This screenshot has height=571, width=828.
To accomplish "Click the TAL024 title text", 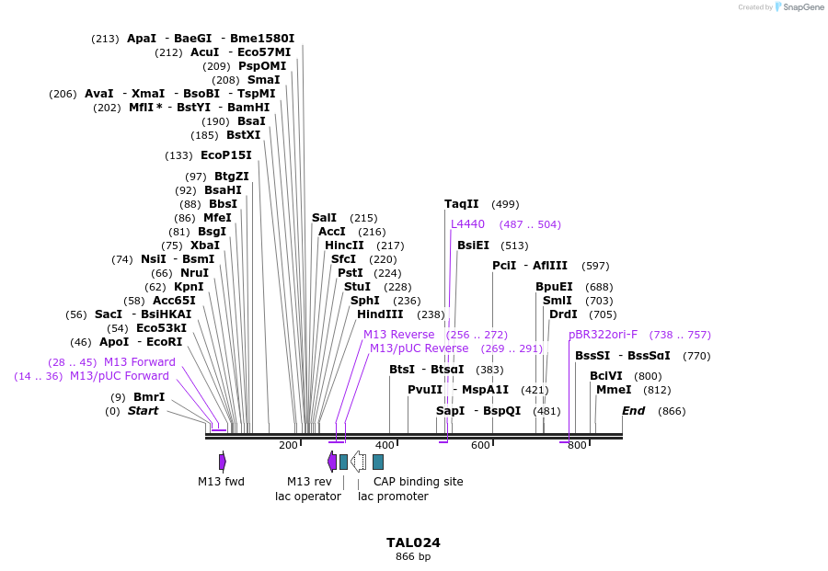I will [413, 542].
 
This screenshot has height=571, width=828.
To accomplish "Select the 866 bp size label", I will [413, 557].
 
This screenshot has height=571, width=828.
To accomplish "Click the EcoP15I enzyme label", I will [225, 155].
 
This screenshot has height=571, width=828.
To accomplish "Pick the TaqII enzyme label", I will [462, 204].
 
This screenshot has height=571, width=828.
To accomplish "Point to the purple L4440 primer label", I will [467, 224].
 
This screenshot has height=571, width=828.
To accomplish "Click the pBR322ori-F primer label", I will [603, 335].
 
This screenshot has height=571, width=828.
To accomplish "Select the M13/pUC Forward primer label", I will [120, 376].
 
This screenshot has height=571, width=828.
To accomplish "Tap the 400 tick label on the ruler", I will [385, 445].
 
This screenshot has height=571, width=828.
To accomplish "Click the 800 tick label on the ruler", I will [577, 445].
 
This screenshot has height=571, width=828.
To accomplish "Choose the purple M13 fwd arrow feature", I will [223, 462].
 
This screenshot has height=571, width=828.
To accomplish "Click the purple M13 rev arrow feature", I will [332, 462].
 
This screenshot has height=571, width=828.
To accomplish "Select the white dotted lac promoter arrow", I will [359, 462].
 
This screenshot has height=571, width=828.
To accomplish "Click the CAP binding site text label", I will [418, 482].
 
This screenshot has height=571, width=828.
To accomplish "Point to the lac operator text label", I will [308, 497].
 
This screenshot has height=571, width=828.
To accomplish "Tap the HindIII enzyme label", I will [380, 314].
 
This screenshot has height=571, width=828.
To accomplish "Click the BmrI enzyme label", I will [149, 397].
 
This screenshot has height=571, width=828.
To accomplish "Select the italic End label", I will [634, 411].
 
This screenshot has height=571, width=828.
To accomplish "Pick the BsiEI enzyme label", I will [473, 246].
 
